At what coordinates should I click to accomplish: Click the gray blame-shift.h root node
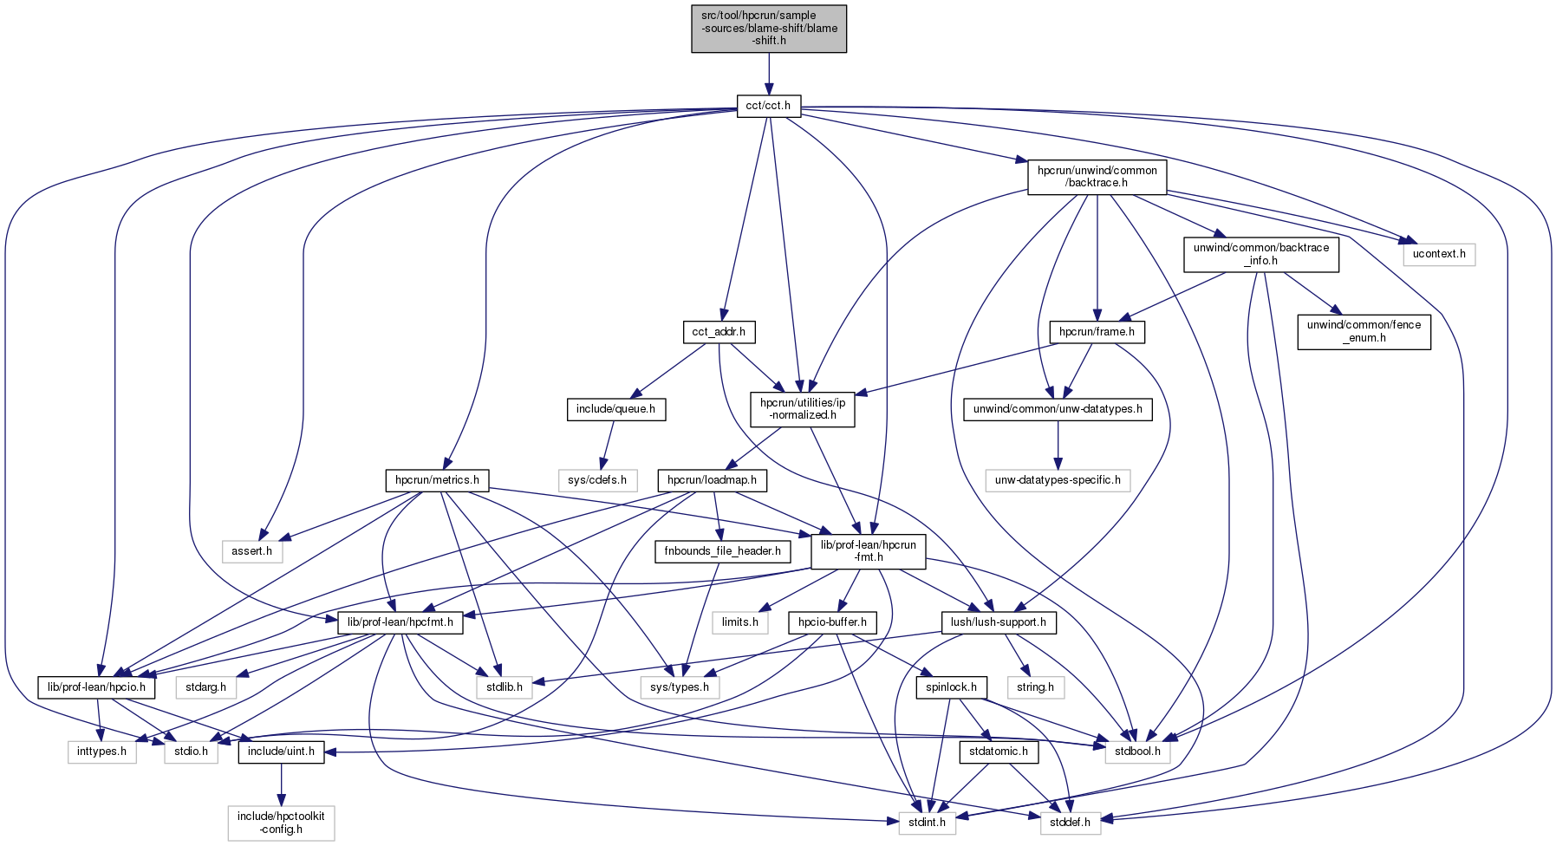click(x=769, y=29)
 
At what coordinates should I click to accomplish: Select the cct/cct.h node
click(x=769, y=107)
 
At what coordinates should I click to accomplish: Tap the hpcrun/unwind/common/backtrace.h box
click(x=1097, y=177)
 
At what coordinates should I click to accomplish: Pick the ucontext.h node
click(x=1439, y=254)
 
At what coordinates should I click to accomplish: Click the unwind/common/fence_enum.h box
click(x=1364, y=331)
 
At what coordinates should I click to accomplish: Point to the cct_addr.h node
click(x=719, y=332)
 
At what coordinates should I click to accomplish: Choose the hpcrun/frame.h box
click(x=1097, y=332)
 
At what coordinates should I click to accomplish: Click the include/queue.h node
click(x=615, y=409)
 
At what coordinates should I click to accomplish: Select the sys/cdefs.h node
click(x=597, y=480)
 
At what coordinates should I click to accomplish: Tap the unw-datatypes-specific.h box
click(x=1058, y=480)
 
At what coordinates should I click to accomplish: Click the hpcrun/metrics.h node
click(x=437, y=480)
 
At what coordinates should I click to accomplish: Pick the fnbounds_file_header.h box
click(x=722, y=551)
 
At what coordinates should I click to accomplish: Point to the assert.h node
click(x=252, y=551)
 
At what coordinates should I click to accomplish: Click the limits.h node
click(x=740, y=622)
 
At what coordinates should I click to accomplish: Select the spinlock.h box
click(x=951, y=687)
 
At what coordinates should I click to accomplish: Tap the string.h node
click(x=1036, y=687)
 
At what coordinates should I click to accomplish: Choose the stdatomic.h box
click(x=999, y=752)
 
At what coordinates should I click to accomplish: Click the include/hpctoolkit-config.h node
click(x=281, y=823)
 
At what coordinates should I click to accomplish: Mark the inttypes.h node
click(x=101, y=752)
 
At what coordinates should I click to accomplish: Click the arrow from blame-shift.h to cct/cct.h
click(x=769, y=74)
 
